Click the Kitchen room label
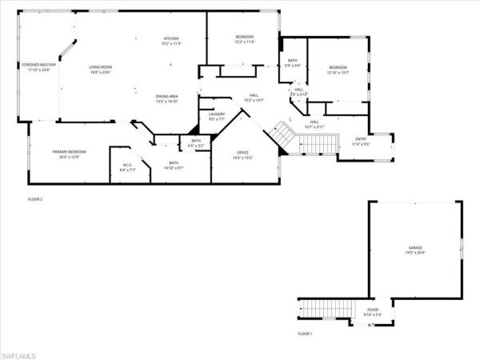coord(171,41)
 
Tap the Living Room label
coord(100,70)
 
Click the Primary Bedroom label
coord(69,154)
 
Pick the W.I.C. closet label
coord(127,168)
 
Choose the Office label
coord(242,154)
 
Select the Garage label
coord(414,250)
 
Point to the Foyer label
coord(374,312)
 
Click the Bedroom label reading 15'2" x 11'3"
coord(244,40)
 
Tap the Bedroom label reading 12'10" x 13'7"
coord(338,70)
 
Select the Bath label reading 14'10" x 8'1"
coord(174,166)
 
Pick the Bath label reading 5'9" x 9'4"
coord(293,63)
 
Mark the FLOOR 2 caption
coord(34,199)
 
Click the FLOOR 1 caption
coord(304,333)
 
